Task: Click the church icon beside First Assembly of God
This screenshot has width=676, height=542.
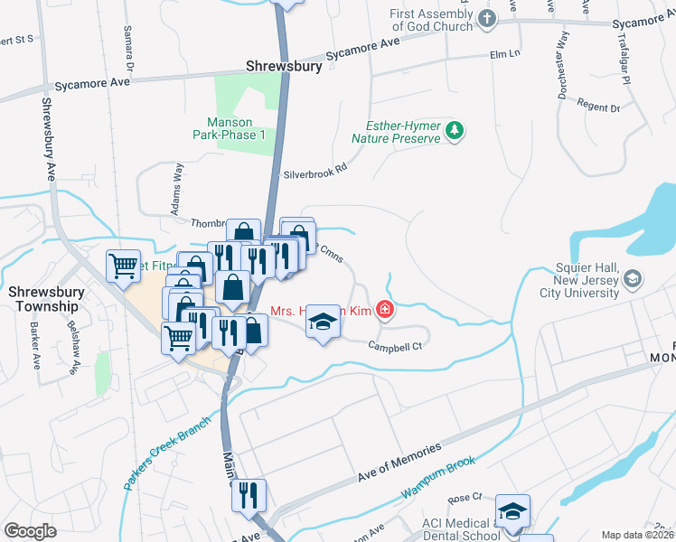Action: coord(486,18)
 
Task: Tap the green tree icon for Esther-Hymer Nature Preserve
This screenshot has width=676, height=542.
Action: coord(455,132)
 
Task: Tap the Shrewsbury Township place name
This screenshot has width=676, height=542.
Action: coord(43,299)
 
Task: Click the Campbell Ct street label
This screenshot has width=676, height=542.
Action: coord(397,344)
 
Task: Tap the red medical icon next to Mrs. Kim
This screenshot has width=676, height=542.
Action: coord(385,310)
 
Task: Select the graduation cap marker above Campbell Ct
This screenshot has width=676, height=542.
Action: coord(321,322)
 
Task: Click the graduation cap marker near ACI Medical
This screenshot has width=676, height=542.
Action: coord(512,512)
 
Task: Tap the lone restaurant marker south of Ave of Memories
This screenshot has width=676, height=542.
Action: coord(246,495)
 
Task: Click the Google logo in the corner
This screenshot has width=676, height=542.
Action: coord(31,530)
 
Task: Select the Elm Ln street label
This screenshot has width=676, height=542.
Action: coord(504,54)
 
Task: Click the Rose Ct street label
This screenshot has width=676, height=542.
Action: coord(470,499)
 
